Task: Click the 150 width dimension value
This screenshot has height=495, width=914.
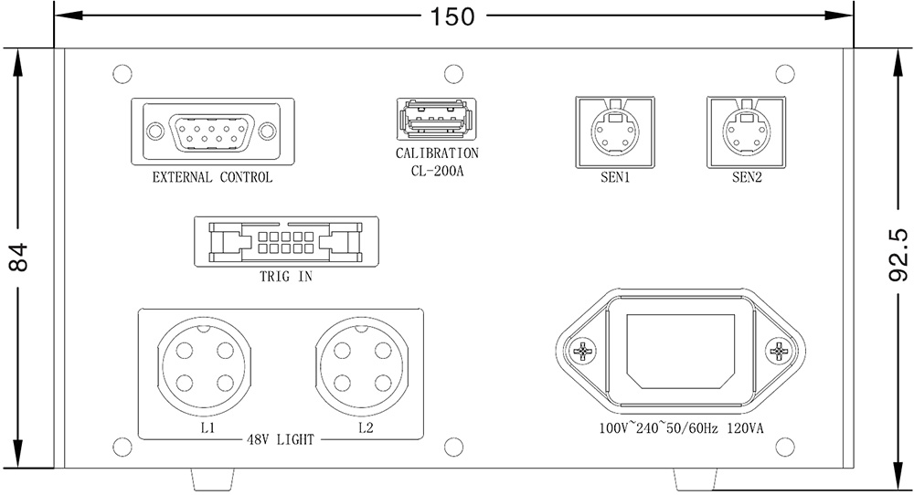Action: tap(453, 16)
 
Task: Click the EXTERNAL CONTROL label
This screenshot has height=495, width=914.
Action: tap(212, 178)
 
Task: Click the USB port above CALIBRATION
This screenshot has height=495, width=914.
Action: tap(434, 119)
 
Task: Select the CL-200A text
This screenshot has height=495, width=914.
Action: tap(437, 170)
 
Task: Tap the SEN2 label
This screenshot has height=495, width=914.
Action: tap(747, 178)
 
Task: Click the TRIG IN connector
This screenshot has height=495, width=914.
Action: tap(285, 241)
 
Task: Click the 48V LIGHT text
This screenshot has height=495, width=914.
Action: tap(280, 439)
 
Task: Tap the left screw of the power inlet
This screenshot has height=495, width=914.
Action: tap(583, 351)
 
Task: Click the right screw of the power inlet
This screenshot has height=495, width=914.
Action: tap(778, 351)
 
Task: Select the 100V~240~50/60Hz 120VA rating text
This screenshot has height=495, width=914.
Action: tap(681, 427)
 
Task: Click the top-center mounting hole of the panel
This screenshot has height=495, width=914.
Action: tap(451, 72)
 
